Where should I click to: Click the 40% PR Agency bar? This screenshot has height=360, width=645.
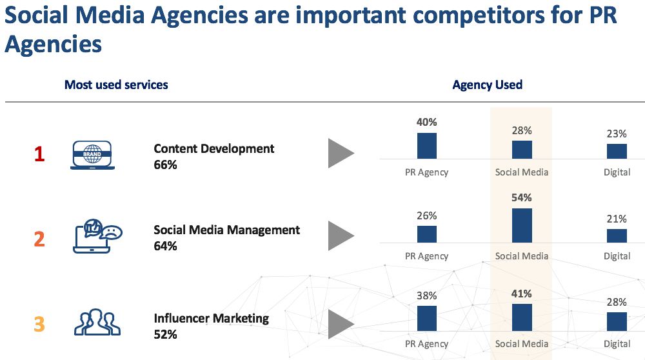click(427, 146)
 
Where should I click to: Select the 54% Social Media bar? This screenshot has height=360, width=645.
click(522, 225)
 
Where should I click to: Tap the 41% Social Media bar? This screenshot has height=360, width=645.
click(522, 317)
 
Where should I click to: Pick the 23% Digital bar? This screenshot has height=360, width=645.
click(617, 151)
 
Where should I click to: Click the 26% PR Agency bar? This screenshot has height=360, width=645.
click(427, 234)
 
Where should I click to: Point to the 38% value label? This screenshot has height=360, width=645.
click(427, 295)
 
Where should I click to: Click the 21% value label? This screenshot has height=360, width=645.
click(617, 219)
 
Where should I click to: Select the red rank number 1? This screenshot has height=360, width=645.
click(39, 155)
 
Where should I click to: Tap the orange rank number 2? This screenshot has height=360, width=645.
click(39, 239)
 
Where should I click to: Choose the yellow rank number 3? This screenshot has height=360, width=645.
click(39, 323)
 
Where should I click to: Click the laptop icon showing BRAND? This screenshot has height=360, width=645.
click(92, 155)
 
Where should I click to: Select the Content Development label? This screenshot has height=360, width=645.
click(214, 148)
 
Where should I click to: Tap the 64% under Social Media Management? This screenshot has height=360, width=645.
click(165, 246)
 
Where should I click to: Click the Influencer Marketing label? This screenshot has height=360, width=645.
click(211, 318)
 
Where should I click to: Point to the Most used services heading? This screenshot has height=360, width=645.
click(116, 85)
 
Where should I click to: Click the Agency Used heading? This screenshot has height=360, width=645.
click(488, 85)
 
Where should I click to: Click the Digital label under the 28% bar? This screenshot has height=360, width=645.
click(617, 344)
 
